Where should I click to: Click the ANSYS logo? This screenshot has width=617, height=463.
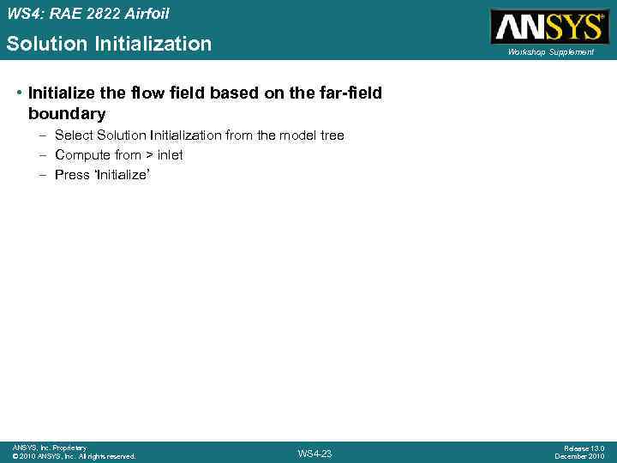coord(549,26)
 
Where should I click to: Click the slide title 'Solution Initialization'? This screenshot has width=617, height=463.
coord(109,44)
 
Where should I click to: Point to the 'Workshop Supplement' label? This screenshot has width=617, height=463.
coord(550,52)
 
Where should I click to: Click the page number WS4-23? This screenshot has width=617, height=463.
coord(314,454)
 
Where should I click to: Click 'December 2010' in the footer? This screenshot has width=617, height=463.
coord(579,456)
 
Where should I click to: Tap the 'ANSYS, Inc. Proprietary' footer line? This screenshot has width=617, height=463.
coord(49,448)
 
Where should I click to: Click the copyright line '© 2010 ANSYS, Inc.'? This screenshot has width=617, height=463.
coord(74,456)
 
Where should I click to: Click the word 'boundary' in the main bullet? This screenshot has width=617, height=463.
coord(67,113)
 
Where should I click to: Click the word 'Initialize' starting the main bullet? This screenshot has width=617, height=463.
coord(57,93)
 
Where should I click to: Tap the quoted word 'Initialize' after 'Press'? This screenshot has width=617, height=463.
coord(116,175)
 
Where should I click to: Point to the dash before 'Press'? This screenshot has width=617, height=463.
coord(43,175)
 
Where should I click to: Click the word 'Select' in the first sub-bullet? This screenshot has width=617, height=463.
coord(74,135)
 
